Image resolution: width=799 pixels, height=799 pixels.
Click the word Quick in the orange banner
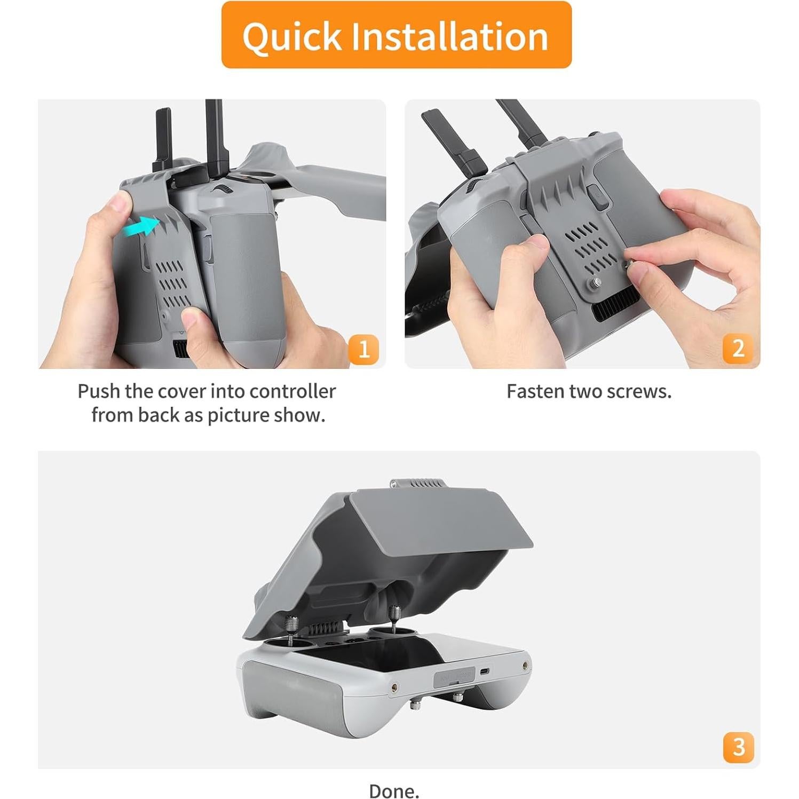coord(291,36)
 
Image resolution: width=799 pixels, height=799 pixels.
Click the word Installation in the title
coord(449,36)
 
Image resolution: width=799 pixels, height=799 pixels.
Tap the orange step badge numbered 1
coord(363,350)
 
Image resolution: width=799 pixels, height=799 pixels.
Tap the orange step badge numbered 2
coord(738,349)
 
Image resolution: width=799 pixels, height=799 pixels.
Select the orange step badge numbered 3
coord(738,747)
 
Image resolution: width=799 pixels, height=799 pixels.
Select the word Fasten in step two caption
coord(535,391)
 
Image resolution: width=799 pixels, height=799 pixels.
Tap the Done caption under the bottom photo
coord(394,790)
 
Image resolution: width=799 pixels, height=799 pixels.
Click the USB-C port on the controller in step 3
coord(484,671)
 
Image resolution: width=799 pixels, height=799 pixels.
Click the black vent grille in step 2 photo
coord(614,309)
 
